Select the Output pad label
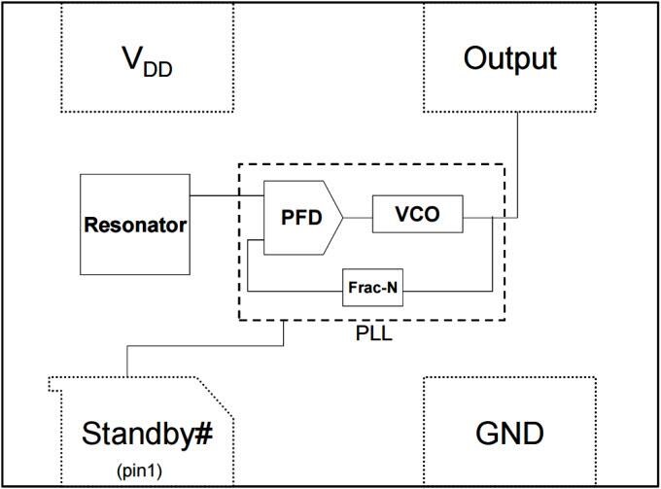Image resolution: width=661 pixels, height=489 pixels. [x=509, y=58]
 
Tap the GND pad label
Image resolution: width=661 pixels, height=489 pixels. [x=508, y=433]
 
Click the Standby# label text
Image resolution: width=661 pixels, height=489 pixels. [x=147, y=433]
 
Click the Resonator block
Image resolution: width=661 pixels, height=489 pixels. [x=135, y=225]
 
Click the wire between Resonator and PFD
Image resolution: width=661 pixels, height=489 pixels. [x=226, y=197]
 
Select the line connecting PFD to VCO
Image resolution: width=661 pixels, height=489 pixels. [x=357, y=216]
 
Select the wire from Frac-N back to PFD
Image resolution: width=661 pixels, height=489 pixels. [x=292, y=290]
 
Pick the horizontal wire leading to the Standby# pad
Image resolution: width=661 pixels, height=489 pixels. [x=204, y=342]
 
